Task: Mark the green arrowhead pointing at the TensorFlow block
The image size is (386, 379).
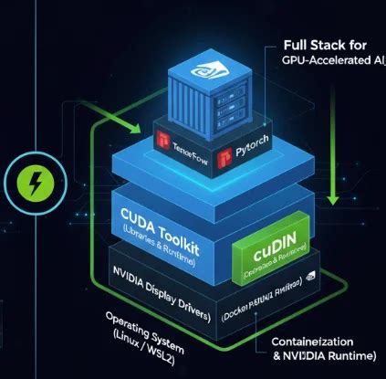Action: (138, 125)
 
